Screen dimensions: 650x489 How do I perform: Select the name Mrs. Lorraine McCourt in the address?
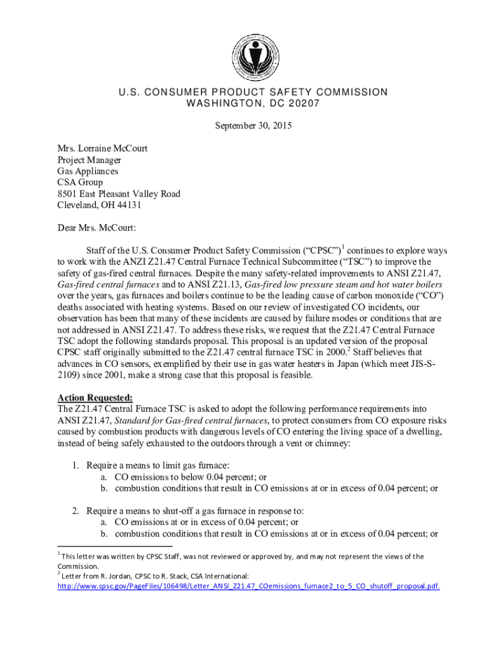point(103,148)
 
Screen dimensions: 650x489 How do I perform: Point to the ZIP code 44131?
point(128,205)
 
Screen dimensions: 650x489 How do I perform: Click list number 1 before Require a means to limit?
point(74,465)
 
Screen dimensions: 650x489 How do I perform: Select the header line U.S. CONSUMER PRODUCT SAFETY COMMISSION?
point(253,92)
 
